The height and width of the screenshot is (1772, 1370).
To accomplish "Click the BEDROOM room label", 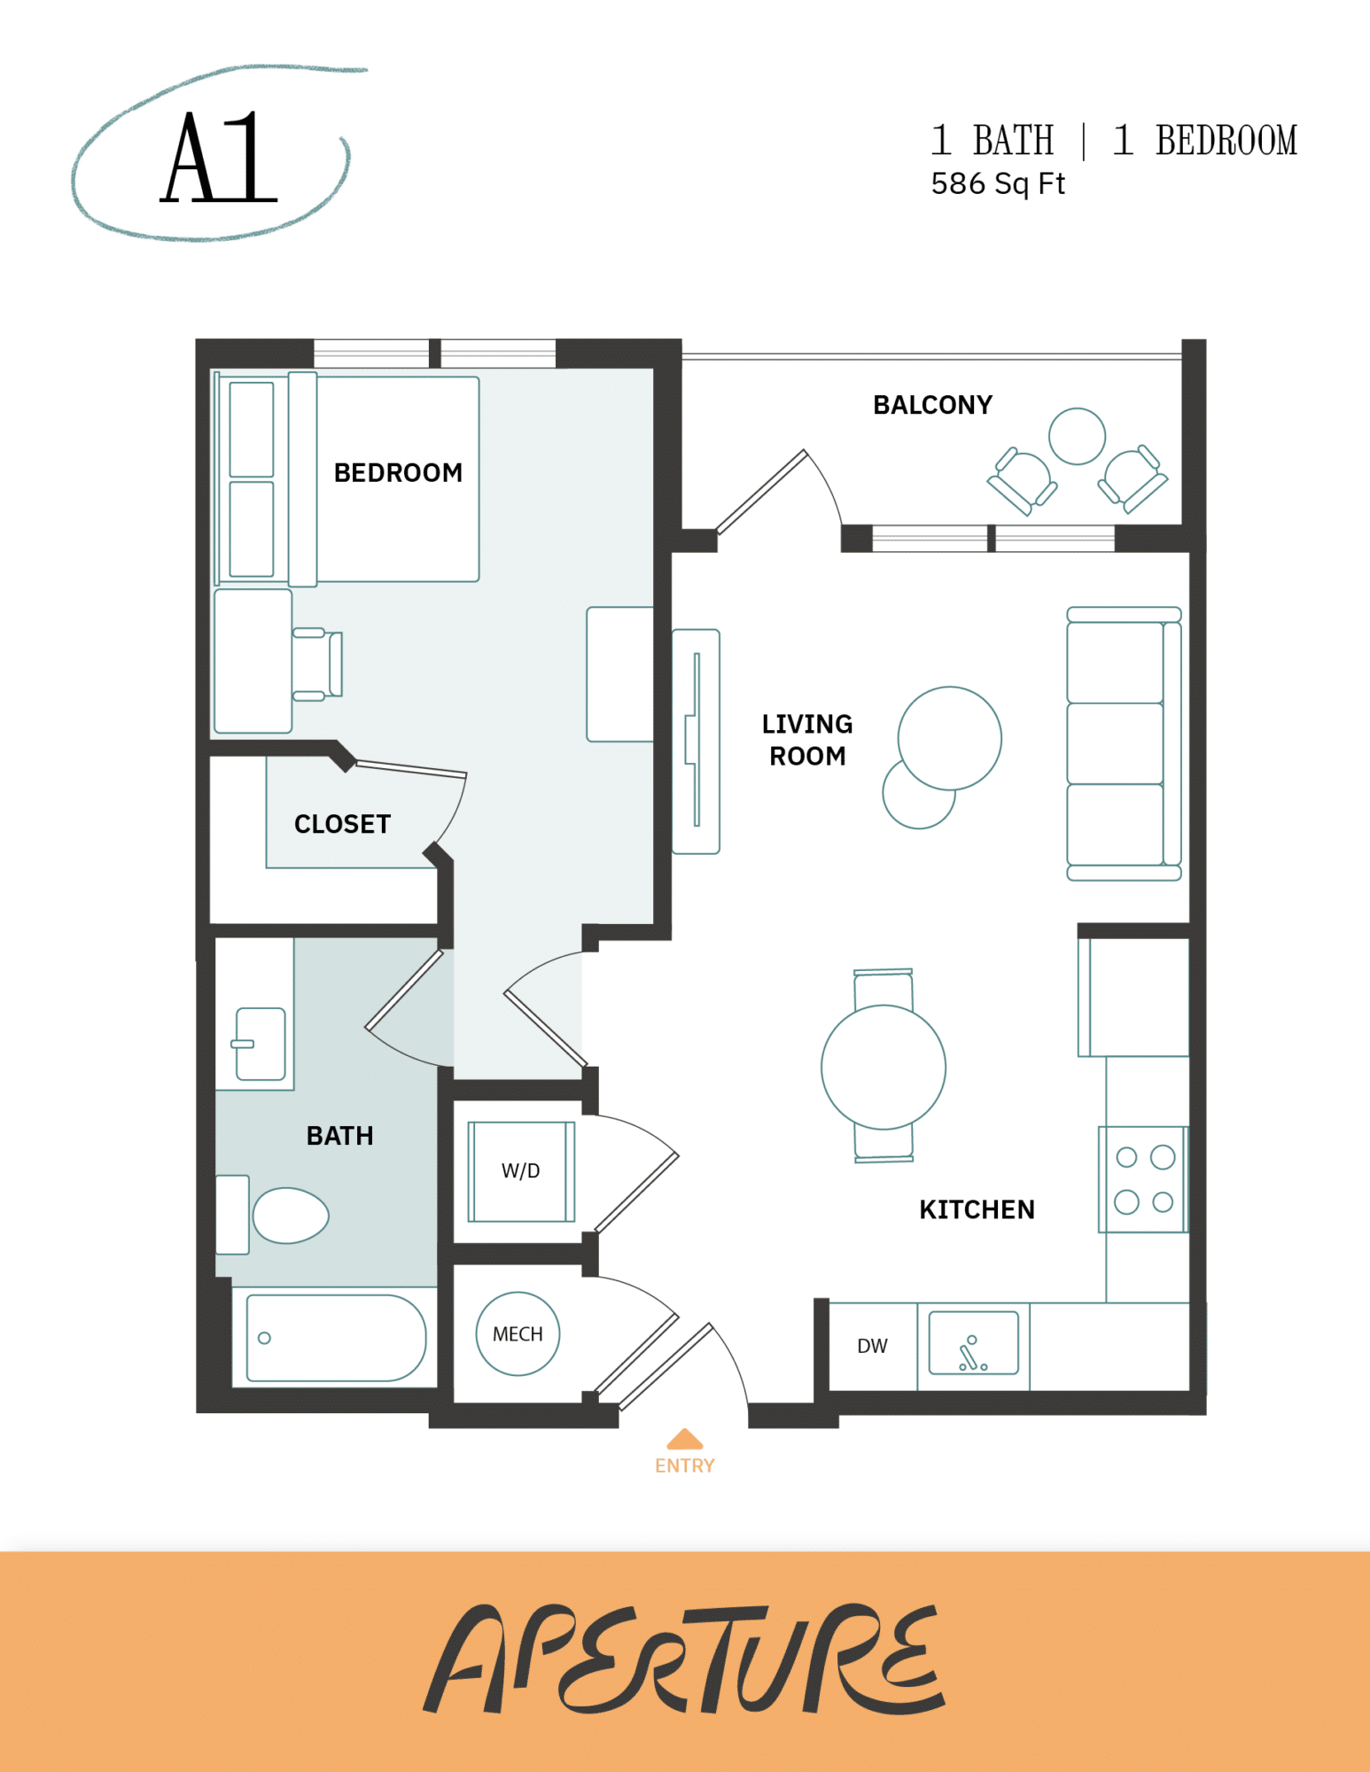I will [x=398, y=472].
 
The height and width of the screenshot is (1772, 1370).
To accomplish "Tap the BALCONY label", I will [x=932, y=405].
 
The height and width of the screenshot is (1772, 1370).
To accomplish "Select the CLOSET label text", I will [x=342, y=824].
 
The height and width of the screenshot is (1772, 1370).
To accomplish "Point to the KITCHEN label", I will [x=977, y=1209].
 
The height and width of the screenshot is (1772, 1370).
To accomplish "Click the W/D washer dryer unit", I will [x=521, y=1171].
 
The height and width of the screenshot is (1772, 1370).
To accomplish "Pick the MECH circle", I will [x=518, y=1333].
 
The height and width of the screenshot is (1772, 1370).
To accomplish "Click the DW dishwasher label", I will [x=872, y=1346].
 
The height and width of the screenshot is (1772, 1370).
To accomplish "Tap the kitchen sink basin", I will [x=973, y=1343].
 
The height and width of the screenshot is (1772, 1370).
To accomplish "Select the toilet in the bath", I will [x=289, y=1215].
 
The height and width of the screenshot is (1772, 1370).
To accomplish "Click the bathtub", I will [x=335, y=1338].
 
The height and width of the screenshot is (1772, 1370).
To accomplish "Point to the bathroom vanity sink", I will [x=260, y=1044].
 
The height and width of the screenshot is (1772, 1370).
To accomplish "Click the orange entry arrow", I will [x=684, y=1439].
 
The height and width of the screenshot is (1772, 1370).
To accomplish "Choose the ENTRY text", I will [x=684, y=1465].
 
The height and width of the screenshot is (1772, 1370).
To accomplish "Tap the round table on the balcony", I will [x=1077, y=436].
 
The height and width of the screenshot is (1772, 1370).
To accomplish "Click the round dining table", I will [x=883, y=1067].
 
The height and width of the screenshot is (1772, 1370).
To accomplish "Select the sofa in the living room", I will [x=1123, y=744].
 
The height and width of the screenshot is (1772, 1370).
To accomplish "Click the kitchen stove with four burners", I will [x=1143, y=1179].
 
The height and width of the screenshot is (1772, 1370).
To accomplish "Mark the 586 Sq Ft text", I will [x=997, y=183].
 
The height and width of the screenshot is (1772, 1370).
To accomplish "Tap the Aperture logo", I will [x=684, y=1659].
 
